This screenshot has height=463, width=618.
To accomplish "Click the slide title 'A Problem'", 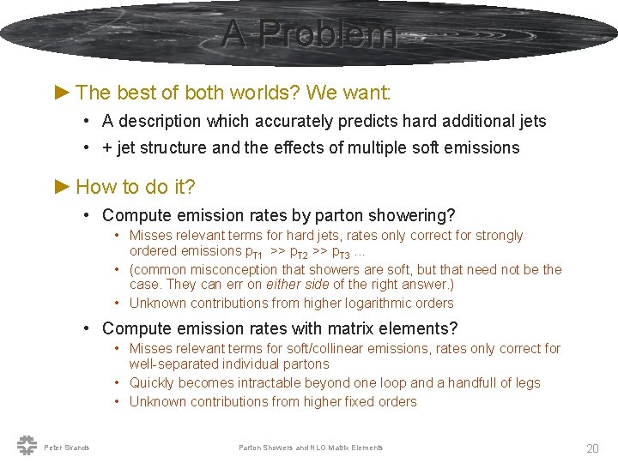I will [x=309, y=34].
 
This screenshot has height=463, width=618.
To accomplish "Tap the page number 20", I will [x=592, y=448].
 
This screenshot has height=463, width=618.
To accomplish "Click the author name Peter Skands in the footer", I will [x=66, y=448].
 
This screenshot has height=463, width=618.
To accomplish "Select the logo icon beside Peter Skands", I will [x=26, y=444].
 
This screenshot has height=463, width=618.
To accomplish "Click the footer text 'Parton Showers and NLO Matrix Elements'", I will [x=311, y=448].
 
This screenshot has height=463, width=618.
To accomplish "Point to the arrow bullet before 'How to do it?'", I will [x=63, y=186].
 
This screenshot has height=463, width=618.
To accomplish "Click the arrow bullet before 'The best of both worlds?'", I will [x=63, y=92].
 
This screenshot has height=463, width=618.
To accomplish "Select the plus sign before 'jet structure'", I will [x=106, y=147].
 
